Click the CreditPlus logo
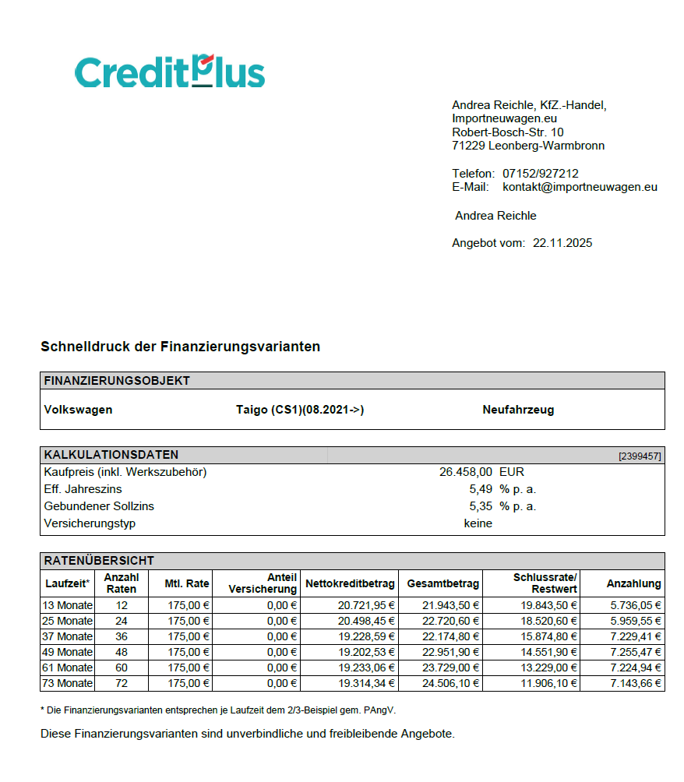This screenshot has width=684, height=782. point(170,72)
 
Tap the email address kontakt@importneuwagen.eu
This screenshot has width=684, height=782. point(580,187)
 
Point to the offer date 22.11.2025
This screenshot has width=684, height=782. point(562,243)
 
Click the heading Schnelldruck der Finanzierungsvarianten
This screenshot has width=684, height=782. point(180,347)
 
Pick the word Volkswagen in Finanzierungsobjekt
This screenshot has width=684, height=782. point(78,410)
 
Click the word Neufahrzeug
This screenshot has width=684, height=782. point(518,410)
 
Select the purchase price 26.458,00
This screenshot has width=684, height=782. point(466,472)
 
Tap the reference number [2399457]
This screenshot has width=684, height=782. point(640,456)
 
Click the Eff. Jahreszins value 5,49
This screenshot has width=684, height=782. point(481,489)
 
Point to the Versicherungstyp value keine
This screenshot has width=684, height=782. point(478,523)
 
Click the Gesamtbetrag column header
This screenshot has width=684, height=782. point(442,583)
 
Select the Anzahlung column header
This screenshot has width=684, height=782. point(633,583)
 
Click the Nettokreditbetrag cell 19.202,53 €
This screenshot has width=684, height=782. point(366,652)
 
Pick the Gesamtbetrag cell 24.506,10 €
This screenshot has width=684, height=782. point(450,683)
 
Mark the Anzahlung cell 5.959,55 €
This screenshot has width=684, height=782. point(636,621)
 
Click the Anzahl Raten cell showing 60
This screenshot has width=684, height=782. point(121,668)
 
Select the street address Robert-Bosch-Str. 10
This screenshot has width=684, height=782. point(507,132)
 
